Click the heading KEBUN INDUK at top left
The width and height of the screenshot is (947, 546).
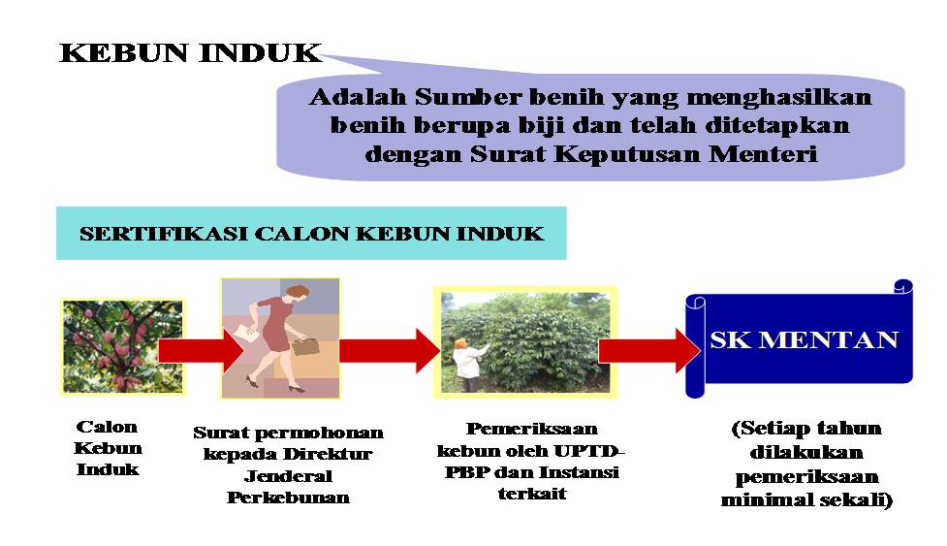[x=190, y=53]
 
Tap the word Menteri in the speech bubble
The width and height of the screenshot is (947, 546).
[x=763, y=154]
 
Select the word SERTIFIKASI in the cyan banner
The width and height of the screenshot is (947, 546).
[x=163, y=234]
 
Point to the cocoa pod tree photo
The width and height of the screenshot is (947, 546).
[x=122, y=346]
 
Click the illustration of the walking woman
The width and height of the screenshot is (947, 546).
[x=280, y=338]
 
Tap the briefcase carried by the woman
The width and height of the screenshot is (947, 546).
[x=305, y=346]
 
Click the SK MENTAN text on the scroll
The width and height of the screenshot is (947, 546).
[x=804, y=340]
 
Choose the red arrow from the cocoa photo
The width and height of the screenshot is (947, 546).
[x=201, y=350]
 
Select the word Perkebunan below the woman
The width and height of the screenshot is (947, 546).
[x=288, y=498]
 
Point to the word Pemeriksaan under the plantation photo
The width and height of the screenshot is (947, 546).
[x=532, y=429]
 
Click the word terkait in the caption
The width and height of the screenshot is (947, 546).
[x=532, y=494]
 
